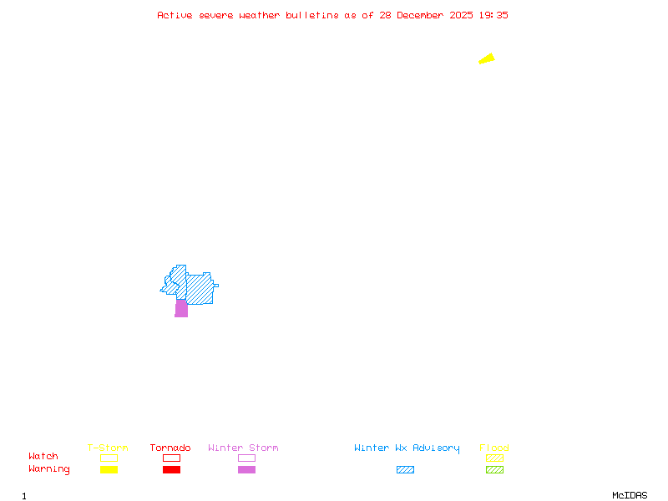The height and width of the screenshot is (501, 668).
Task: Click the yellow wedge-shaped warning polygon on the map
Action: tap(487, 58)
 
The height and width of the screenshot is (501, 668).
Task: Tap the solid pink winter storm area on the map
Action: tap(181, 309)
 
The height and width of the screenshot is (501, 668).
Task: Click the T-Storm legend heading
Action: tap(108, 448)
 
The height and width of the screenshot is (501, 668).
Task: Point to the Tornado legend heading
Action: tap(170, 448)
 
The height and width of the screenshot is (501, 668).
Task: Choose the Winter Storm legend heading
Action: tap(243, 448)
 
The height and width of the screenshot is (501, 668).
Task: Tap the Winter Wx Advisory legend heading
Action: tap(407, 448)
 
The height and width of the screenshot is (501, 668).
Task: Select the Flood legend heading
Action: tap(494, 448)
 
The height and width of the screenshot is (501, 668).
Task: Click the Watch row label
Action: tap(43, 457)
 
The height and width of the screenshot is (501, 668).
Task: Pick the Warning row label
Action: tap(49, 469)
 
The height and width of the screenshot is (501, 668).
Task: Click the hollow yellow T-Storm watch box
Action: tap(109, 458)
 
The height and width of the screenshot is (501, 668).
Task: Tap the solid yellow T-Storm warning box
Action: tap(109, 470)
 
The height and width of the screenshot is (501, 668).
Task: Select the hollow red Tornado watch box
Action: tap(171, 458)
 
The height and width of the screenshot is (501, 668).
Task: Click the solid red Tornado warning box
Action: tap(171, 470)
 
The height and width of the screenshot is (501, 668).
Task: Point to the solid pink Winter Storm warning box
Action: tap(246, 470)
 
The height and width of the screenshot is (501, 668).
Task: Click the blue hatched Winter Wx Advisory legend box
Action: tap(405, 470)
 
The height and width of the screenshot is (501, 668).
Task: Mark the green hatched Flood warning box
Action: tap(494, 470)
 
